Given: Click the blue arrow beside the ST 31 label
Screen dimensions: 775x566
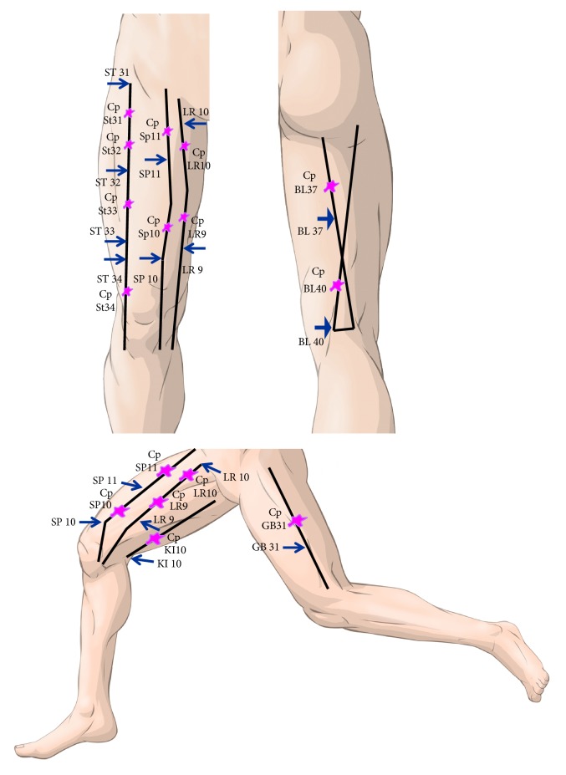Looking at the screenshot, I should [x=118, y=83].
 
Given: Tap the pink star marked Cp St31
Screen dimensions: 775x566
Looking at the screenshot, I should [x=129, y=113].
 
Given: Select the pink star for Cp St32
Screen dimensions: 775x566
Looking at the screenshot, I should [x=129, y=145].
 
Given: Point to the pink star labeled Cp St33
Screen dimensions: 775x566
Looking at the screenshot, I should [x=128, y=204].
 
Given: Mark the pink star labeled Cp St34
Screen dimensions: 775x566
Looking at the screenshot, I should [x=127, y=292].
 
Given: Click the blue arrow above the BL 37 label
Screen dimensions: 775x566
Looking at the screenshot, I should [x=326, y=219].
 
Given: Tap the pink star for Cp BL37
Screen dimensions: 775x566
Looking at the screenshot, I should [x=332, y=186].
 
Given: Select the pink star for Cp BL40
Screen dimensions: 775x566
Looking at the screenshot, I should [x=337, y=286].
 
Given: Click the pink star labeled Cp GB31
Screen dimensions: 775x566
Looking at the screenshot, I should [x=298, y=521].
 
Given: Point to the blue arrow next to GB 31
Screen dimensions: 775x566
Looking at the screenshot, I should [x=293, y=548].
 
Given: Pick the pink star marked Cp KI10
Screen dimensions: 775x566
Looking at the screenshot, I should [x=154, y=539].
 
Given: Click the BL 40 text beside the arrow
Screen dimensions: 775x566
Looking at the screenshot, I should [x=311, y=342].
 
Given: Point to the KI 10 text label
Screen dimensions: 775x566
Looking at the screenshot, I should [x=170, y=564].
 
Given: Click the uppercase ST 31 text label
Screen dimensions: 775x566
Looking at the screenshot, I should [x=117, y=73].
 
